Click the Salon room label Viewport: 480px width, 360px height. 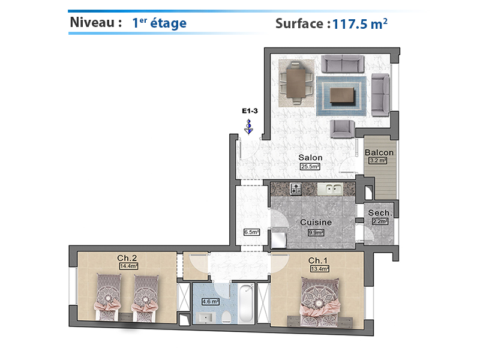(310, 158)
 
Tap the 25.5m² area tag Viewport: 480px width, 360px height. (310, 167)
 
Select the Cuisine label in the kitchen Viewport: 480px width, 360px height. (316, 222)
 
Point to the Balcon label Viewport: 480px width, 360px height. (379, 152)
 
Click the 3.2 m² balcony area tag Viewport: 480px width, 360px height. (378, 160)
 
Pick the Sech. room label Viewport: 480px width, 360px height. (380, 213)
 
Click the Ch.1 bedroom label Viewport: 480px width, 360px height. (318, 260)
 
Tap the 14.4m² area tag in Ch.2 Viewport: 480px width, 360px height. (128, 266)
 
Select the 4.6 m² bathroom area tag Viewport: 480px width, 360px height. (210, 302)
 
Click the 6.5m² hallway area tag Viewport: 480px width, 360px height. (251, 232)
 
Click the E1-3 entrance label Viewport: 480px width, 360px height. (250, 111)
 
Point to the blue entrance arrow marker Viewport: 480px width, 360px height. (249, 127)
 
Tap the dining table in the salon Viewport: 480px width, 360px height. (296, 83)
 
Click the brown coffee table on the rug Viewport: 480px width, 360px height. (342, 95)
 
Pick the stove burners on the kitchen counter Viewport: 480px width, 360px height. (295, 189)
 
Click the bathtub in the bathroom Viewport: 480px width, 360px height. (246, 304)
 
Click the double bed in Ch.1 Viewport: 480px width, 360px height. (320, 302)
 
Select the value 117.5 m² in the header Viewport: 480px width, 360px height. (359, 24)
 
